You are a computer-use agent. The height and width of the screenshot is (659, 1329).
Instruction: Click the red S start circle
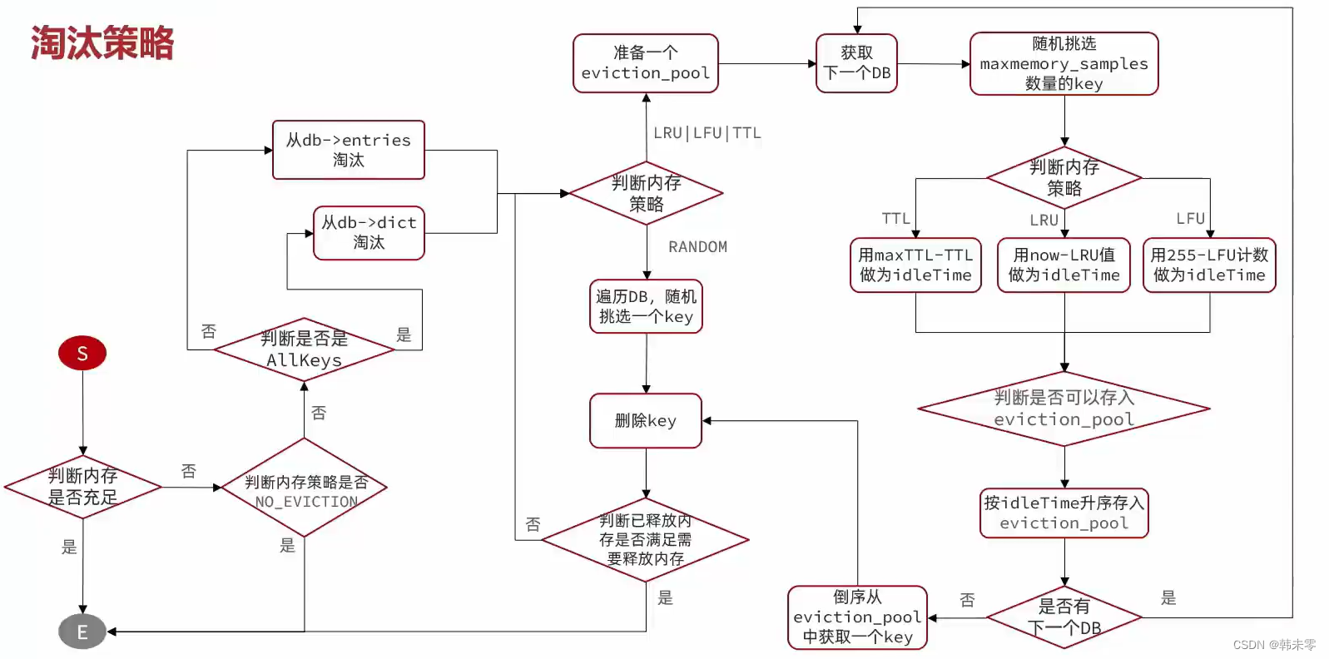tap(82, 353)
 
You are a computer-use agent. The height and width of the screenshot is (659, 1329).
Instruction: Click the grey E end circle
tap(82, 632)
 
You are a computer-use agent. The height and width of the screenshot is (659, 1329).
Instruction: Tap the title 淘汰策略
tap(102, 43)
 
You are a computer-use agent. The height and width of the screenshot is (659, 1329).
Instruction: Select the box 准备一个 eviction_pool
tap(645, 63)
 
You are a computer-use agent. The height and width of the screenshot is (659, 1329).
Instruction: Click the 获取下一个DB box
tap(856, 63)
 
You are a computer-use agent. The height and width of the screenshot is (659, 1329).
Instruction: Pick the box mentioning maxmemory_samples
tap(1064, 63)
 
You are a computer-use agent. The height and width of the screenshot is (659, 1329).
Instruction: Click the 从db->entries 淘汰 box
tap(348, 150)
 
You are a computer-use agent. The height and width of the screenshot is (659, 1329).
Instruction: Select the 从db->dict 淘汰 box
tap(369, 233)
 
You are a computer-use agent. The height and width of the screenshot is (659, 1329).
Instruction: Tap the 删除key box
tap(645, 421)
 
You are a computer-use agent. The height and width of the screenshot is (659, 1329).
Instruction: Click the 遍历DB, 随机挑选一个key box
tap(646, 306)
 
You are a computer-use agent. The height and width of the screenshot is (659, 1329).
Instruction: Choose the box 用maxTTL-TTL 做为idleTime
tap(915, 265)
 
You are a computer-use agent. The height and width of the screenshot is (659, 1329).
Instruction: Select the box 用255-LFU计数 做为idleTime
tap(1208, 265)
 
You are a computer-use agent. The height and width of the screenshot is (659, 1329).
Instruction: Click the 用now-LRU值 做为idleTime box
tap(1064, 265)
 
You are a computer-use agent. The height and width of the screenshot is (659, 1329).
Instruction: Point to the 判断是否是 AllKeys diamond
tap(304, 349)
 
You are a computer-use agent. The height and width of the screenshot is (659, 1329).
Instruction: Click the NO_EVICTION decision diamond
tap(305, 488)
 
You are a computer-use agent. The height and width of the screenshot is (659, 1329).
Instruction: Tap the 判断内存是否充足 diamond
tap(82, 487)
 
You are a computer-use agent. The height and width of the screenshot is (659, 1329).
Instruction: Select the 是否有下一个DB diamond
tap(1064, 617)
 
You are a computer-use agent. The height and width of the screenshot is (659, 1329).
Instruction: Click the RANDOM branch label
tap(697, 247)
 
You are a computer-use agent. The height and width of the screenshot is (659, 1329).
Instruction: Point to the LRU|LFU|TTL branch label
tap(707, 133)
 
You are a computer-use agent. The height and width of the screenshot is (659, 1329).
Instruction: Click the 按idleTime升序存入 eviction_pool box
tap(1064, 513)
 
